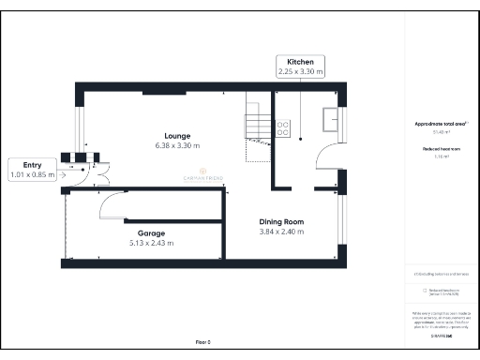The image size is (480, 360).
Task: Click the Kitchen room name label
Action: click(x=300, y=61)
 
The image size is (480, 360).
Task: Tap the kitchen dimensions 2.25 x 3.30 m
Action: click(x=300, y=71)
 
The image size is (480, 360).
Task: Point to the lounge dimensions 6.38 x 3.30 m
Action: click(x=178, y=146)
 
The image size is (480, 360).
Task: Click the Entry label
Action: click(x=32, y=164)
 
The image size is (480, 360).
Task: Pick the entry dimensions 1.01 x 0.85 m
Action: click(x=32, y=174)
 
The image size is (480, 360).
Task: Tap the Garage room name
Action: click(x=151, y=232)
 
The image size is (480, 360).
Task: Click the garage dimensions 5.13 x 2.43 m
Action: click(x=151, y=243)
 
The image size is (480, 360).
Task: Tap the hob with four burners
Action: click(x=282, y=127)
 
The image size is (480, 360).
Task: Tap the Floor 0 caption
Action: click(x=202, y=342)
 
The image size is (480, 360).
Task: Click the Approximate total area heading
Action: click(x=440, y=124)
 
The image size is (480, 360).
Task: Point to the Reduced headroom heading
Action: click(x=440, y=149)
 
